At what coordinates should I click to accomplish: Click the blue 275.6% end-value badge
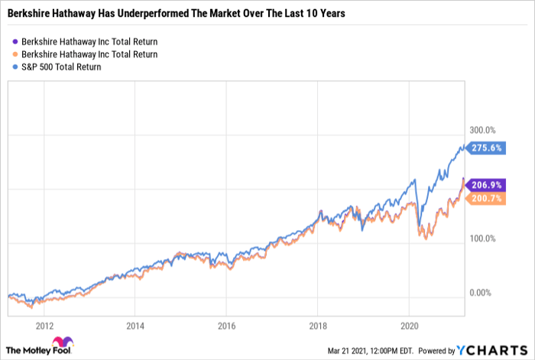pyautogui.click(x=487, y=149)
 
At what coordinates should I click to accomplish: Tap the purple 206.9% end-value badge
pyautogui.click(x=487, y=186)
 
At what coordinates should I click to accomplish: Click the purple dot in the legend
pyautogui.click(x=15, y=41)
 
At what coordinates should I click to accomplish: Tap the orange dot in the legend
pyautogui.click(x=15, y=54)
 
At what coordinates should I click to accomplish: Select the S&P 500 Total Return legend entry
pyautogui.click(x=61, y=67)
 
